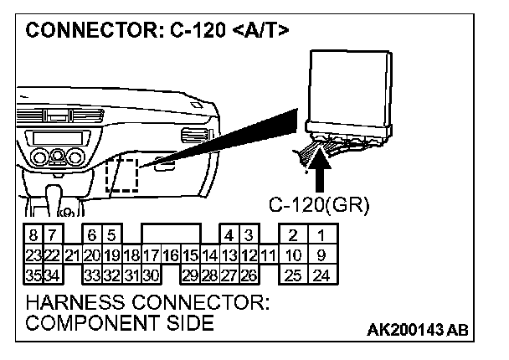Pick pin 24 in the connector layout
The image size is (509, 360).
321,273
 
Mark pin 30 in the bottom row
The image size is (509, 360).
151,273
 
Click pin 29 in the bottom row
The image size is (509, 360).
190,273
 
